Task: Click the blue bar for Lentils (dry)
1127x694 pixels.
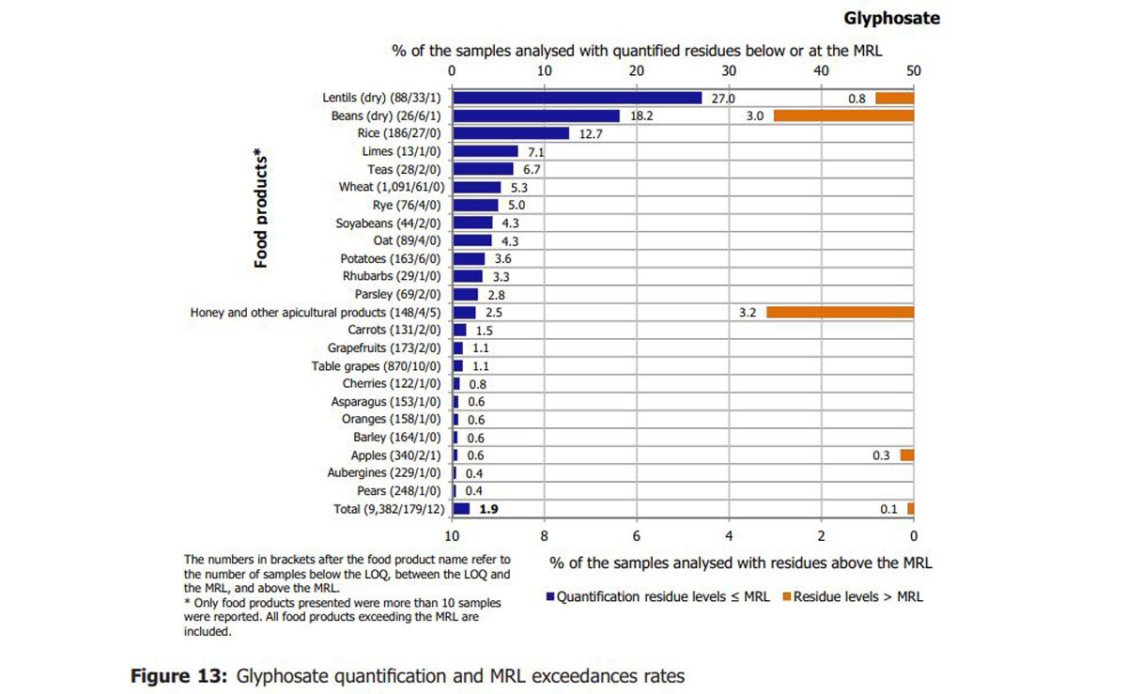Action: pos(577,98)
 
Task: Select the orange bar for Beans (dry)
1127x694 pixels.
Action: pos(843,116)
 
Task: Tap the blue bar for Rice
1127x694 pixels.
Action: pos(511,133)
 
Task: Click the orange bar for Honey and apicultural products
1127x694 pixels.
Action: pos(841,312)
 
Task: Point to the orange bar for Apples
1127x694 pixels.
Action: pos(907,455)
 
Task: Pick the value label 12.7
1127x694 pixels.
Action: pos(591,134)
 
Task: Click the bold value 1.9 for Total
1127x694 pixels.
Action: pos(488,509)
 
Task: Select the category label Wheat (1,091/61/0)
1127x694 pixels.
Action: pos(392,187)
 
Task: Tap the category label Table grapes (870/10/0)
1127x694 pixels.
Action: pos(376,366)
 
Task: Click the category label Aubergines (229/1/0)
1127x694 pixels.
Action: pos(384,473)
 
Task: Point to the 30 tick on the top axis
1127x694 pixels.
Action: pos(729,71)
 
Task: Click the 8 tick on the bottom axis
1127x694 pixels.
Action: pos(544,536)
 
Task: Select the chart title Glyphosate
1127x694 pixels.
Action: pos(891,19)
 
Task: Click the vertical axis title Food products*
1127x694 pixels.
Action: pos(260,208)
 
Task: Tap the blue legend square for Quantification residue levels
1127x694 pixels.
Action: pos(550,597)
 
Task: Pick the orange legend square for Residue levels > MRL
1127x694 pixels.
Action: pos(787,597)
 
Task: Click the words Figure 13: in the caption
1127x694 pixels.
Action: pos(179,676)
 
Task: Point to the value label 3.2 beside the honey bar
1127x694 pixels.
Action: pos(748,313)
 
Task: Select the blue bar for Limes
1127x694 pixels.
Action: pos(485,151)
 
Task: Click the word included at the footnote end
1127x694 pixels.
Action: pos(208,632)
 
